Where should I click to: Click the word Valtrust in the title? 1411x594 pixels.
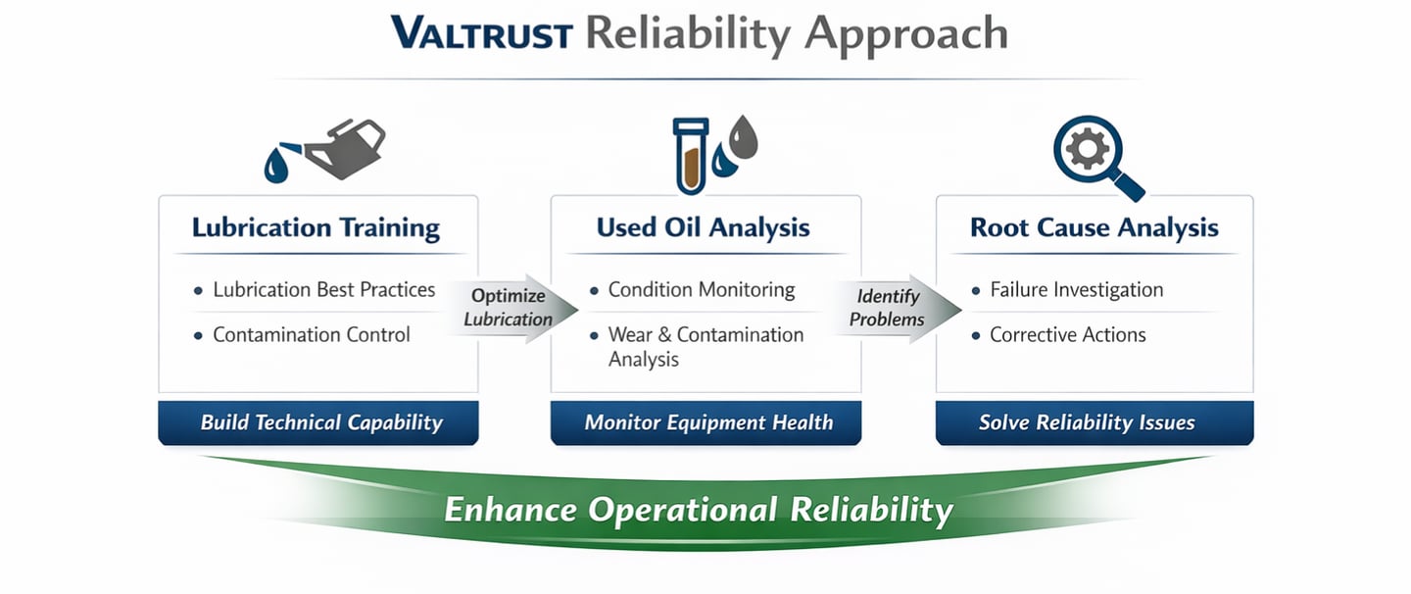point(481,34)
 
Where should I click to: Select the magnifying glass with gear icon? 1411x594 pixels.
point(1091,155)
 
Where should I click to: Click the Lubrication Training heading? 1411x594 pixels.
point(316,228)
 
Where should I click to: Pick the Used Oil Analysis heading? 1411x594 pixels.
point(703,228)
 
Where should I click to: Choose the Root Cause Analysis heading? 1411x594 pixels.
point(1094,228)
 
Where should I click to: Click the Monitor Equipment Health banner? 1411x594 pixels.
point(707,423)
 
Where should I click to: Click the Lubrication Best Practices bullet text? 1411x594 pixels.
point(323,290)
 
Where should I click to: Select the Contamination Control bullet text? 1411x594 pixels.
point(312,335)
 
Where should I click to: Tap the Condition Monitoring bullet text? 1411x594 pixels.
point(702,290)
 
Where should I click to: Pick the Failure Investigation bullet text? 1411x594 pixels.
point(1076,290)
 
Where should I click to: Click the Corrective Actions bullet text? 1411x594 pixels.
point(1067,335)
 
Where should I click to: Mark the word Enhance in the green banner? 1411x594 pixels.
point(511,511)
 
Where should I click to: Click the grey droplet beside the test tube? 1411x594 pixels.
point(744,136)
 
